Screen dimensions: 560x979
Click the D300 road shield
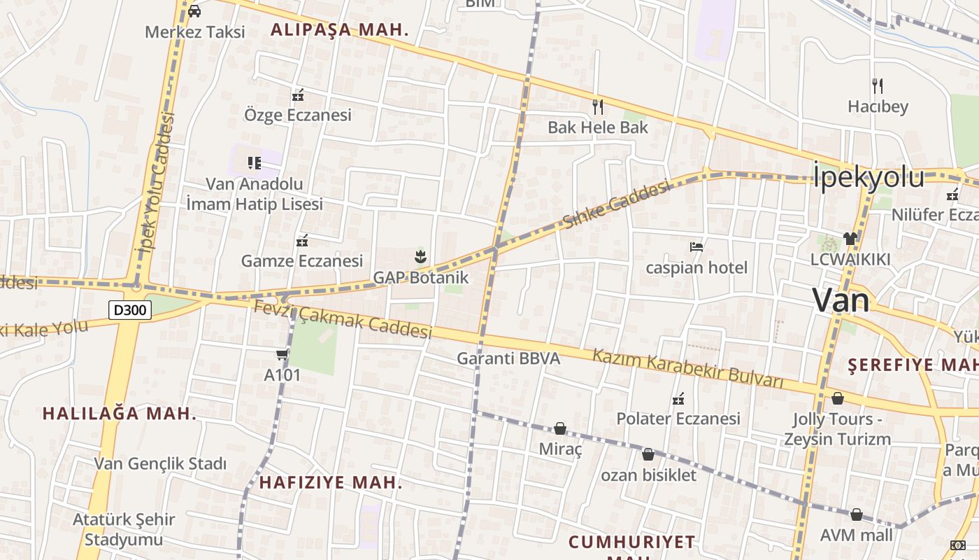pos(130,309)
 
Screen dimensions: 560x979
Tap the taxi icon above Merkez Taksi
pos(194,10)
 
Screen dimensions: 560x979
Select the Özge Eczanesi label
pos(298,115)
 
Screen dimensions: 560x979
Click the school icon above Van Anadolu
pos(254,163)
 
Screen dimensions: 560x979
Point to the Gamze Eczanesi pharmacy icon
pos(302,241)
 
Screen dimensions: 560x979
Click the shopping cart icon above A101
pos(283,355)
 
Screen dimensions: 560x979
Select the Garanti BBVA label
pos(508,358)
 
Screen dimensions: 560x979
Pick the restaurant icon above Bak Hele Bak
pos(598,106)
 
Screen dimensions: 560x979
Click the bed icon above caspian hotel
pos(696,246)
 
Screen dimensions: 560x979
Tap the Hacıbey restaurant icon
pos(878,86)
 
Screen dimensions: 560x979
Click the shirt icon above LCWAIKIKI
pos(850,238)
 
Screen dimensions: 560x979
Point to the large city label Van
pos(841,300)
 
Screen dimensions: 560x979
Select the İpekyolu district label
pos(869,176)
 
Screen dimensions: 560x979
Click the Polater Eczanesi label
pos(678,419)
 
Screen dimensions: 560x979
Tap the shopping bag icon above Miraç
pos(560,428)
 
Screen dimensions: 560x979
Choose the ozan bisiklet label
pos(649,475)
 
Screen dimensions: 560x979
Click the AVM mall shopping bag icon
pos(857,514)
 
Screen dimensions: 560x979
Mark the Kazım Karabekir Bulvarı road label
pos(688,368)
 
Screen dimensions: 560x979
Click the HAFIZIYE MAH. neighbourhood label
pos(331,482)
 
